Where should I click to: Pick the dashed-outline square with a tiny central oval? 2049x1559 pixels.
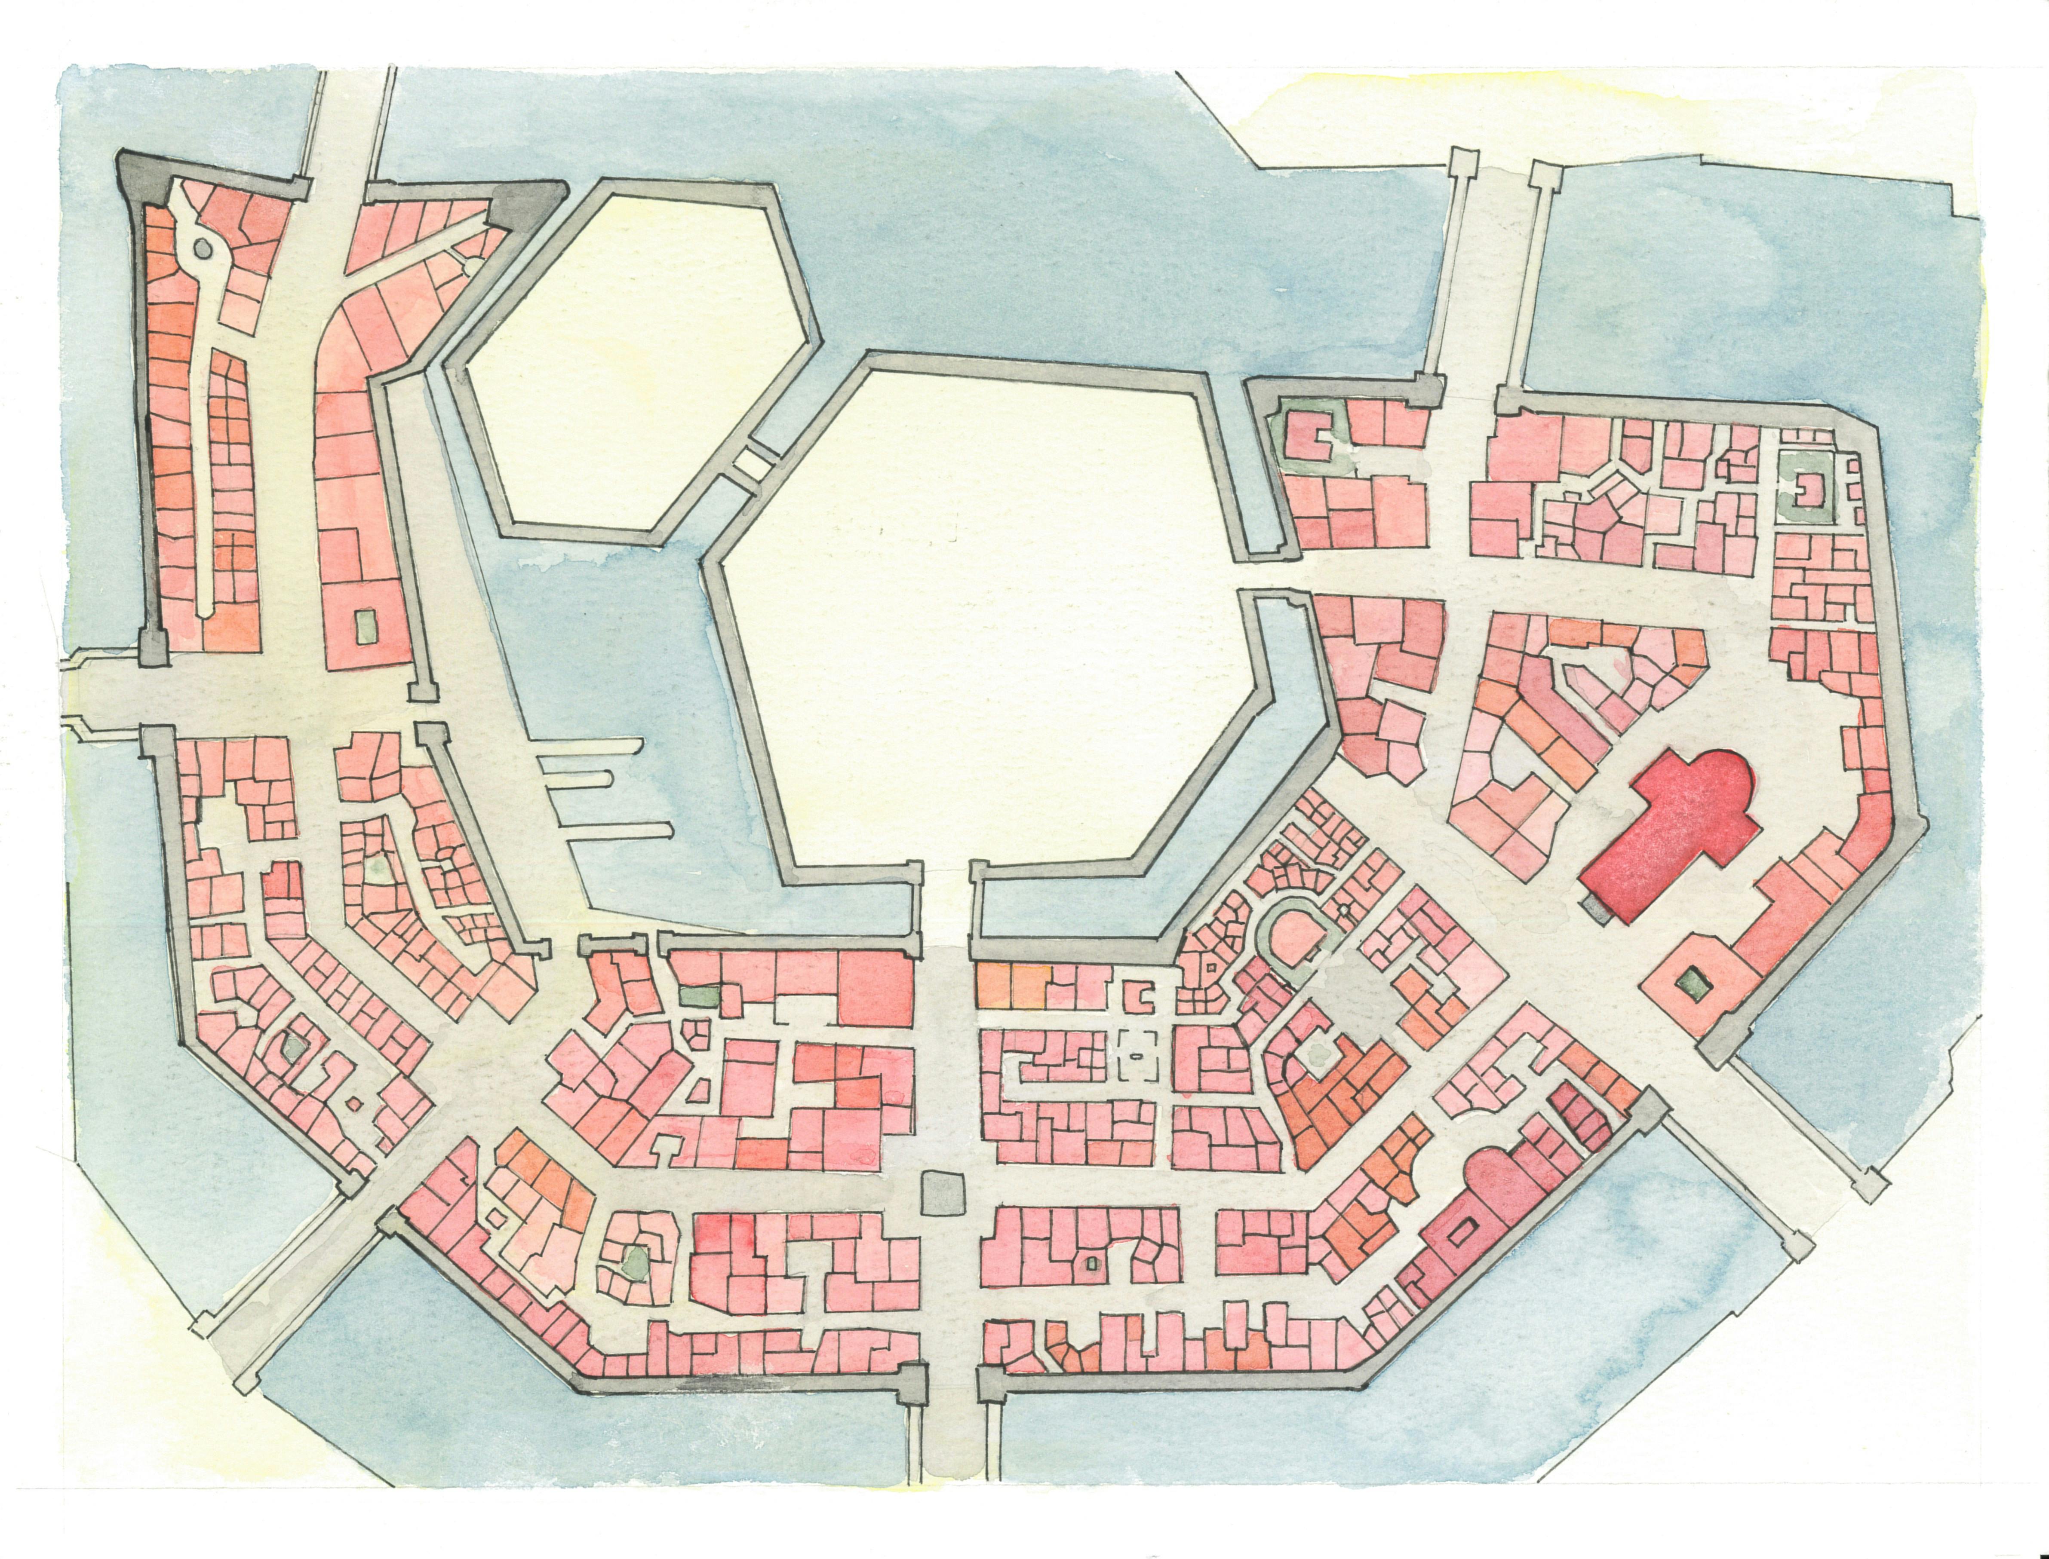point(1137,1055)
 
